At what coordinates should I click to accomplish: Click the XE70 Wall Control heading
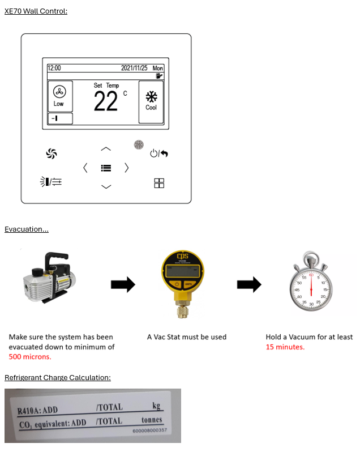(36, 11)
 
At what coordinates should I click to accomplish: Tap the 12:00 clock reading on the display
(54, 68)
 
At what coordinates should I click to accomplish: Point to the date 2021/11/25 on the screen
(134, 68)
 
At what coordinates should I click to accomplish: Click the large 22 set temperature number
(106, 101)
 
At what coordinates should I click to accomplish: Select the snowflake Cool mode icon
(151, 96)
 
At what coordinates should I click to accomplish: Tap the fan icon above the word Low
(59, 92)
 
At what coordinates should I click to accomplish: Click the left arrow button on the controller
(85, 168)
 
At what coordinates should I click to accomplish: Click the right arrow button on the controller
(126, 168)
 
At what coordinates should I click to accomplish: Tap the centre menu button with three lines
(106, 168)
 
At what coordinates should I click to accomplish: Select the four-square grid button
(159, 183)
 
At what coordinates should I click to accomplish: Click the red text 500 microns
(30, 356)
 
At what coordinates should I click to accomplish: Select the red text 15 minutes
(285, 347)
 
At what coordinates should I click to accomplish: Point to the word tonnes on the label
(152, 420)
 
